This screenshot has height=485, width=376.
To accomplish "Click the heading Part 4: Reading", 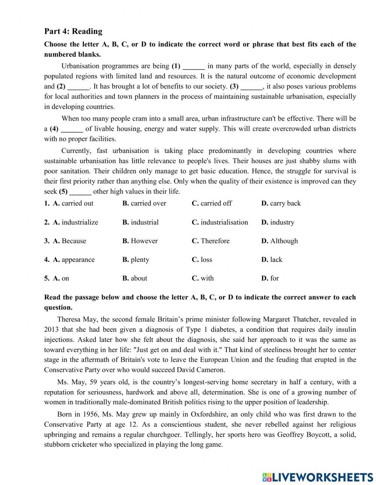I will click(73, 31).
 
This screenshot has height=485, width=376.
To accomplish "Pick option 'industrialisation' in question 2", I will click(224, 222).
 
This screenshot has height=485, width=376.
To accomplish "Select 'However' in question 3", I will click(144, 241).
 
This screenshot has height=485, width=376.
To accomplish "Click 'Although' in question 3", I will click(284, 241).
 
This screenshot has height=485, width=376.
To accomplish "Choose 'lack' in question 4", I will click(276, 260).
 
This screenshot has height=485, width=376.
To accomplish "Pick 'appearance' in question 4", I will click(78, 260).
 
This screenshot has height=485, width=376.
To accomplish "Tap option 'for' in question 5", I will click(274, 278).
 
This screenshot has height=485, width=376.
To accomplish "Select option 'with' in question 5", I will click(207, 278).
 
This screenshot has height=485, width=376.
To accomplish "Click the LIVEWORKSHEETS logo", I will click(317, 477).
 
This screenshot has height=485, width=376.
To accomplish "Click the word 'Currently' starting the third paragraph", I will click(76, 151).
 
